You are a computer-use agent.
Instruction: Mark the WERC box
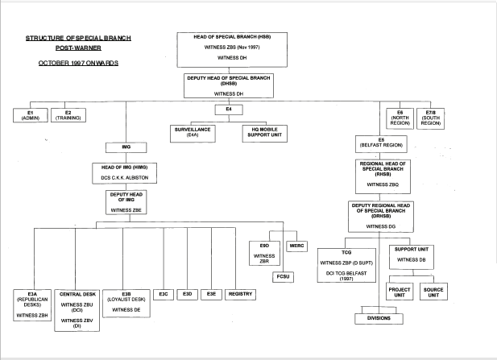pos(295,245)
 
